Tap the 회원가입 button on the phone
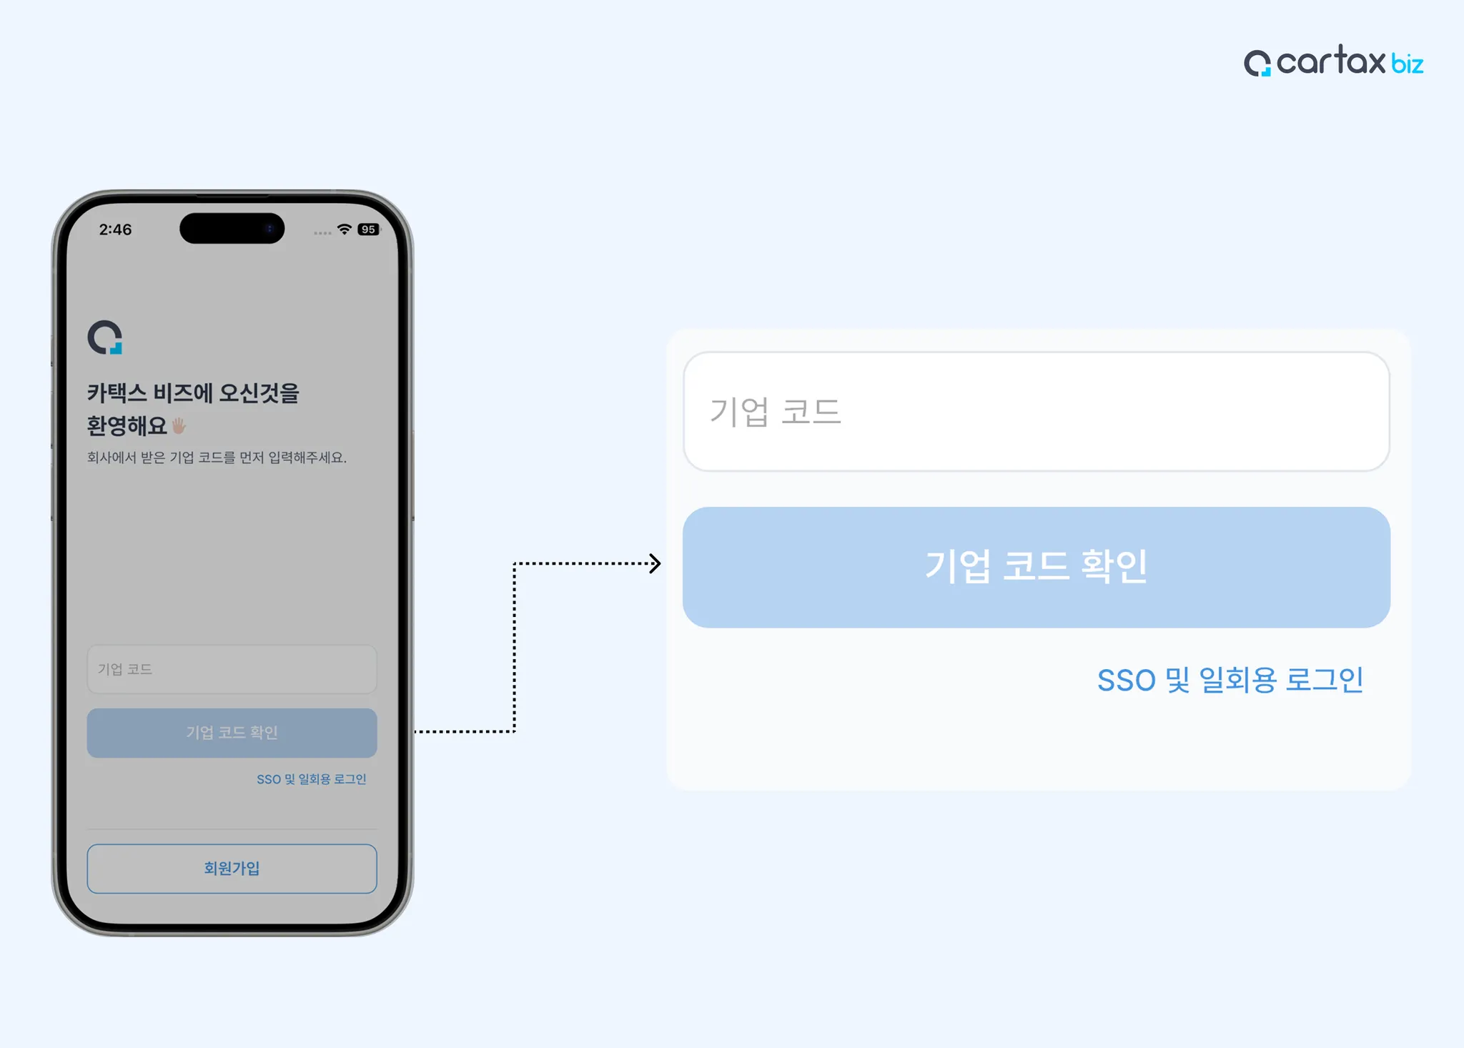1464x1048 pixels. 232,869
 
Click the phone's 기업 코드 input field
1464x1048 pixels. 232,669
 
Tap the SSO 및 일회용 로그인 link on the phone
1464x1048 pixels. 311,779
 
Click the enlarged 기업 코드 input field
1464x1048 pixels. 1036,411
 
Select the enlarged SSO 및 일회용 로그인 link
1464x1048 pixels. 1230,680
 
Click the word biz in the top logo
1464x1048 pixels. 1407,64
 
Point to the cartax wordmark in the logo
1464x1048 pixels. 1330,61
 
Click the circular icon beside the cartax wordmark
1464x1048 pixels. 1257,63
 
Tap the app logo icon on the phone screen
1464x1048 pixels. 105,337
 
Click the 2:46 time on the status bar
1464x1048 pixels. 115,229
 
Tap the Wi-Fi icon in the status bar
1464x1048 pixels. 345,229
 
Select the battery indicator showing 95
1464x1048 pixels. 368,229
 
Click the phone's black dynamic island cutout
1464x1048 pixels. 232,228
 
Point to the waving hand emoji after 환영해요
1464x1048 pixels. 179,426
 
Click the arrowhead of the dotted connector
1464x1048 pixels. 655,563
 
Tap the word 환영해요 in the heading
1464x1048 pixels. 127,426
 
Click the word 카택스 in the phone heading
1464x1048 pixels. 117,393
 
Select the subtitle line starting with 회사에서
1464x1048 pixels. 217,458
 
